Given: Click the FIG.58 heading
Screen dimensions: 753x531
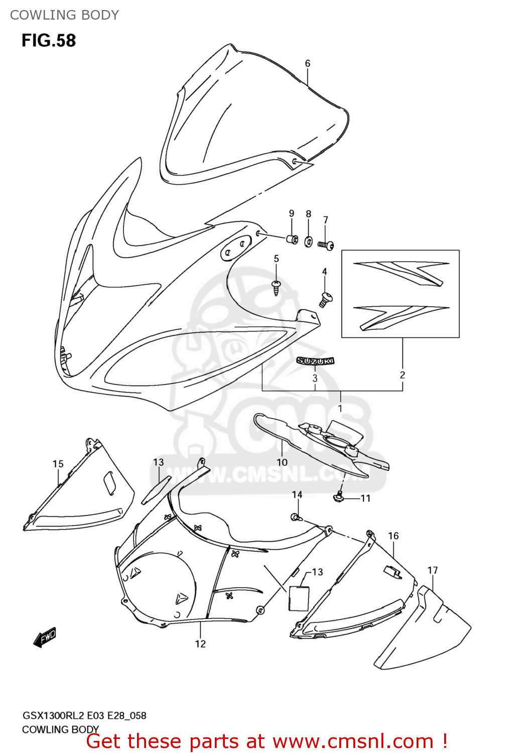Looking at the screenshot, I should [49, 41].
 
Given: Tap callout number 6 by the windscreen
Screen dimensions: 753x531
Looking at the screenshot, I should [308, 64].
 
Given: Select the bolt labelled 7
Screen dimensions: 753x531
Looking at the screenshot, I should [326, 245].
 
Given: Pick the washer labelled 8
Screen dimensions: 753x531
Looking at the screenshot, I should [308, 241].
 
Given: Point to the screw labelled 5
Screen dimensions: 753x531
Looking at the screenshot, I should [276, 287].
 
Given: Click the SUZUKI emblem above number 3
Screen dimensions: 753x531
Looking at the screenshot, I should [315, 360].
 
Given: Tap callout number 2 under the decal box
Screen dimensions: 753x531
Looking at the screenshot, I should [403, 375].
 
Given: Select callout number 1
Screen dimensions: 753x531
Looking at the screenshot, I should [340, 409].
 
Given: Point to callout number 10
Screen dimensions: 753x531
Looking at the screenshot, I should [282, 462].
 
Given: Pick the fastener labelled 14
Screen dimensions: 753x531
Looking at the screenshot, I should [295, 516].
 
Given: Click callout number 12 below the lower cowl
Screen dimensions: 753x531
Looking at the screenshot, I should [200, 644].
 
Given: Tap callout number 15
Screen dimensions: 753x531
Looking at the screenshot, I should [58, 464].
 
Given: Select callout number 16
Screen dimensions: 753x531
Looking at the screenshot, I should [393, 536].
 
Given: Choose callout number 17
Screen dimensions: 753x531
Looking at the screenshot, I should [433, 570].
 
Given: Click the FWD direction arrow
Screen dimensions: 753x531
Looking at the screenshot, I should [45, 637].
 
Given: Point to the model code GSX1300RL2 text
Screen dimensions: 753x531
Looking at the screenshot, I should [54, 716].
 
